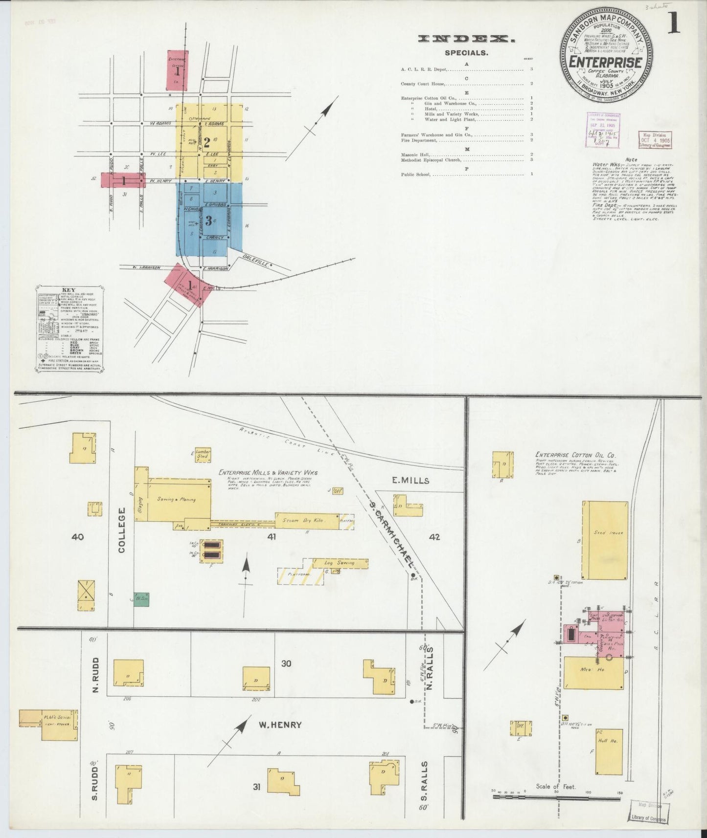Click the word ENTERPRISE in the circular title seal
coord(606,62)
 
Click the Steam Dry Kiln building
coord(307,521)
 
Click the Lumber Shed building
coord(203,453)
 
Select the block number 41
coord(272,537)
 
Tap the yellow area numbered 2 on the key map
coord(207,142)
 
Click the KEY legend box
coord(69,329)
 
